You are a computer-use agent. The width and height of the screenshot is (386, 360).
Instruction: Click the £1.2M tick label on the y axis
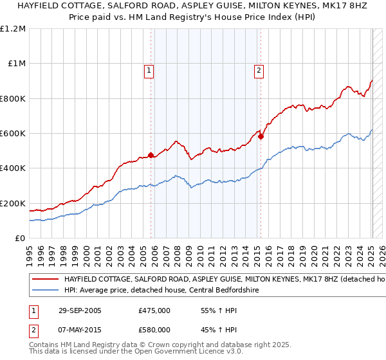(13, 29)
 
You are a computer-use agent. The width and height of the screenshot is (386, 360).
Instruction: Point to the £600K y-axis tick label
(13, 134)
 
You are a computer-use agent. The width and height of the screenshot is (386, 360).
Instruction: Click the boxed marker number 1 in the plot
(149, 71)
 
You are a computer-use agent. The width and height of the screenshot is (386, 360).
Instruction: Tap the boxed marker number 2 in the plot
(259, 71)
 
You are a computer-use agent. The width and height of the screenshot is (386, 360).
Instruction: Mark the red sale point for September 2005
(151, 155)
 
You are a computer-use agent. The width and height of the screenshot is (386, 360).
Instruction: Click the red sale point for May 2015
(261, 136)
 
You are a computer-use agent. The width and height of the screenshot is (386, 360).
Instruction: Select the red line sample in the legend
(45, 280)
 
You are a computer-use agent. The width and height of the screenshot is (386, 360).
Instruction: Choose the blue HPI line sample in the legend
(45, 291)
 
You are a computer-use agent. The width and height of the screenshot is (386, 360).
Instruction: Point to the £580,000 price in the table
(154, 330)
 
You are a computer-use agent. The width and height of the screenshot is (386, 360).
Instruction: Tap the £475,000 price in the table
(154, 310)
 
